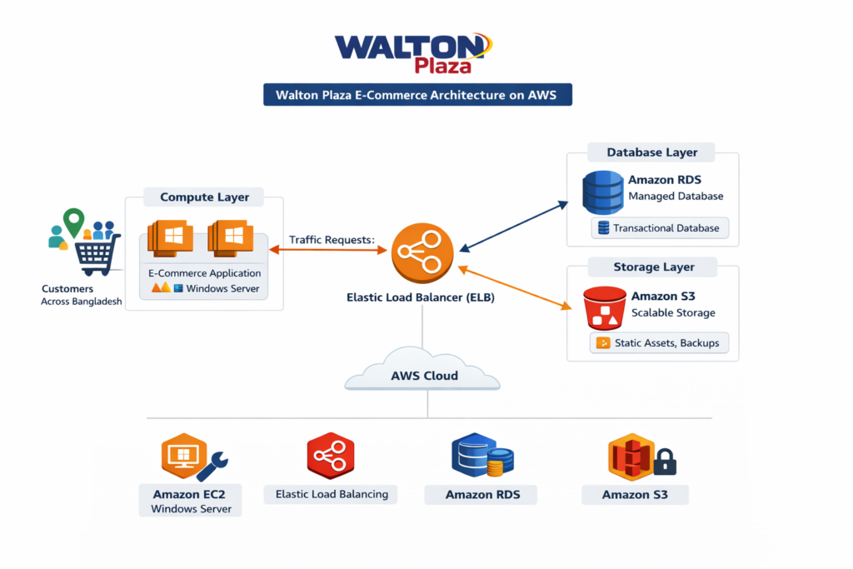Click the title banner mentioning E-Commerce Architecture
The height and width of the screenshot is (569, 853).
(417, 94)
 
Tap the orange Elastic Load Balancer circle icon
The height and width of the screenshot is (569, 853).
(422, 252)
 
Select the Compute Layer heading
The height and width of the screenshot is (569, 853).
(204, 197)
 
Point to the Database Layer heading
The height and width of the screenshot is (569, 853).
(651, 152)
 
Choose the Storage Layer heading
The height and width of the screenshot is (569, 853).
(653, 267)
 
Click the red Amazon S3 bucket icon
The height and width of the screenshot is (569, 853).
(605, 308)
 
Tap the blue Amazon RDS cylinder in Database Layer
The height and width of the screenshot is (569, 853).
(603, 192)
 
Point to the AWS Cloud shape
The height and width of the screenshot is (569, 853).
(423, 372)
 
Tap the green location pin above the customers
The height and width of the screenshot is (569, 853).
(74, 221)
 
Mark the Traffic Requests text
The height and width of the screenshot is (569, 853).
(332, 240)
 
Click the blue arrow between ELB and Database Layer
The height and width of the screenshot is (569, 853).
(514, 225)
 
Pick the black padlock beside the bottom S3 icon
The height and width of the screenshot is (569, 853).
(665, 462)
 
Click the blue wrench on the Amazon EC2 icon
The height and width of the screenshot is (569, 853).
(213, 467)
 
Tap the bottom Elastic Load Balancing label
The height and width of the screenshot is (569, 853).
(332, 494)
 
